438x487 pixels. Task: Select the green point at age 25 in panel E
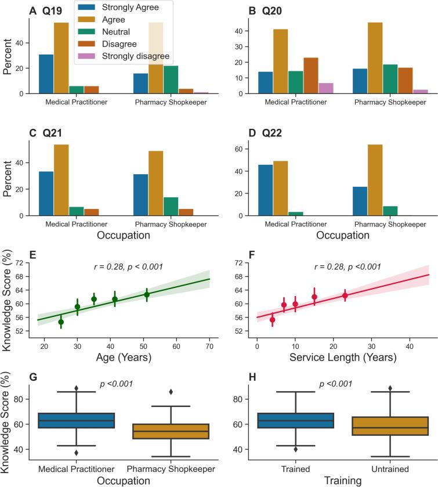[x=61, y=322]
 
